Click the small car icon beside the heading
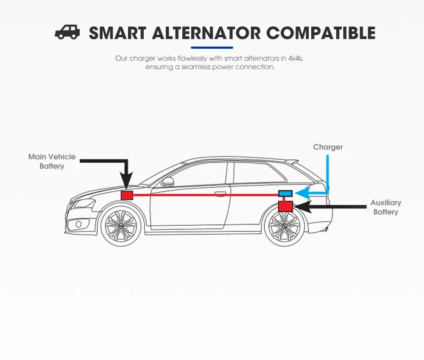(67, 33)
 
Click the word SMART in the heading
(117, 33)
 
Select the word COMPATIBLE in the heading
(321, 33)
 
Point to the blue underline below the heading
(212, 47)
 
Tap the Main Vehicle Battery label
(52, 161)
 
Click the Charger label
(328, 147)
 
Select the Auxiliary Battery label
(385, 207)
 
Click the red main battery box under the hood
(127, 195)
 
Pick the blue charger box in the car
(285, 194)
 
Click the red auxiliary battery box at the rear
(285, 206)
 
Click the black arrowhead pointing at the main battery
(127, 180)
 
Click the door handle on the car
(220, 194)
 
